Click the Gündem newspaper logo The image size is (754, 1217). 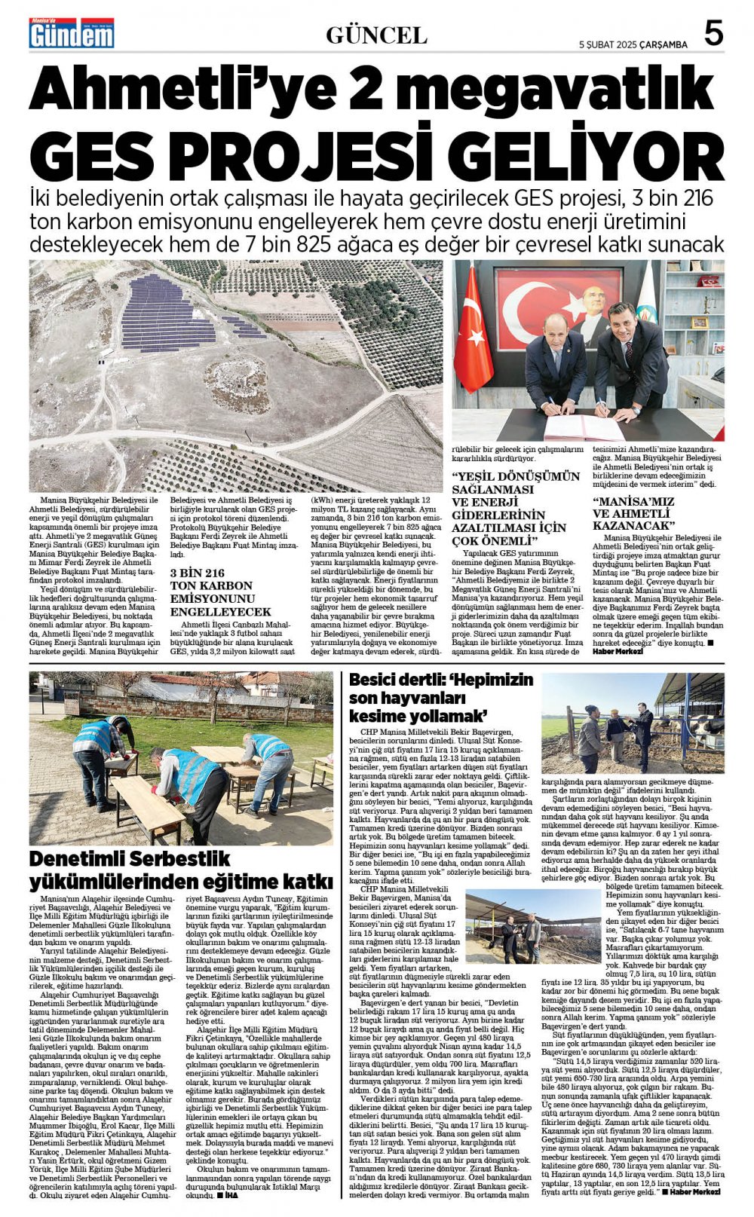click(x=72, y=34)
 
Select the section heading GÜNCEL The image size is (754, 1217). click(x=376, y=35)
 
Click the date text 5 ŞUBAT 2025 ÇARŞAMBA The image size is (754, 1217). click(x=633, y=44)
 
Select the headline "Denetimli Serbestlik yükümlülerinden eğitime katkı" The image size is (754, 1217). click(x=181, y=870)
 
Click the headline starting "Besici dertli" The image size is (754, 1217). click(x=441, y=697)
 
